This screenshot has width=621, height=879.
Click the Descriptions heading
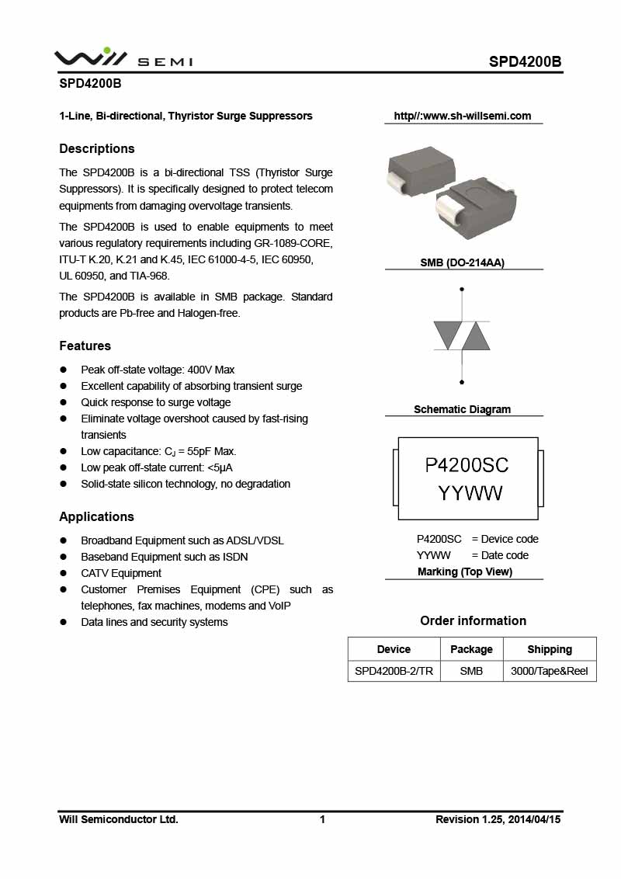click(97, 148)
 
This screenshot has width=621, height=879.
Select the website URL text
click(463, 116)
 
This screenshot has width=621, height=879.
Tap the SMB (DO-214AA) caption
click(462, 263)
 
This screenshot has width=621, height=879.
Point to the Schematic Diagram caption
click(462, 409)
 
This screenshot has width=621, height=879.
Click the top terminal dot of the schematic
click(463, 290)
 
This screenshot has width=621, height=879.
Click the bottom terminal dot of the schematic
click(463, 382)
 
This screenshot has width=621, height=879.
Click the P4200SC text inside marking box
click(467, 465)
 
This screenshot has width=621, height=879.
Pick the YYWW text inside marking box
click(470, 493)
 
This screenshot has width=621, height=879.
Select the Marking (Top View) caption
click(464, 572)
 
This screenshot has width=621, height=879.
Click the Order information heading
click(473, 620)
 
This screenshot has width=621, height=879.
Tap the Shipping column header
click(550, 649)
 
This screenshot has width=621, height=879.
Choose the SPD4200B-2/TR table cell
click(394, 670)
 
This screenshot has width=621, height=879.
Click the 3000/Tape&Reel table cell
click(550, 670)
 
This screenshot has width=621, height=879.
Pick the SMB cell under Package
click(471, 670)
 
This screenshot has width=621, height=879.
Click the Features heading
click(85, 346)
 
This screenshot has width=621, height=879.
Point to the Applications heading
click(96, 516)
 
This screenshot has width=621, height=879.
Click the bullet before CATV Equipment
click(64, 573)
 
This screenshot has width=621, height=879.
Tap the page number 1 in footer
click(322, 819)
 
